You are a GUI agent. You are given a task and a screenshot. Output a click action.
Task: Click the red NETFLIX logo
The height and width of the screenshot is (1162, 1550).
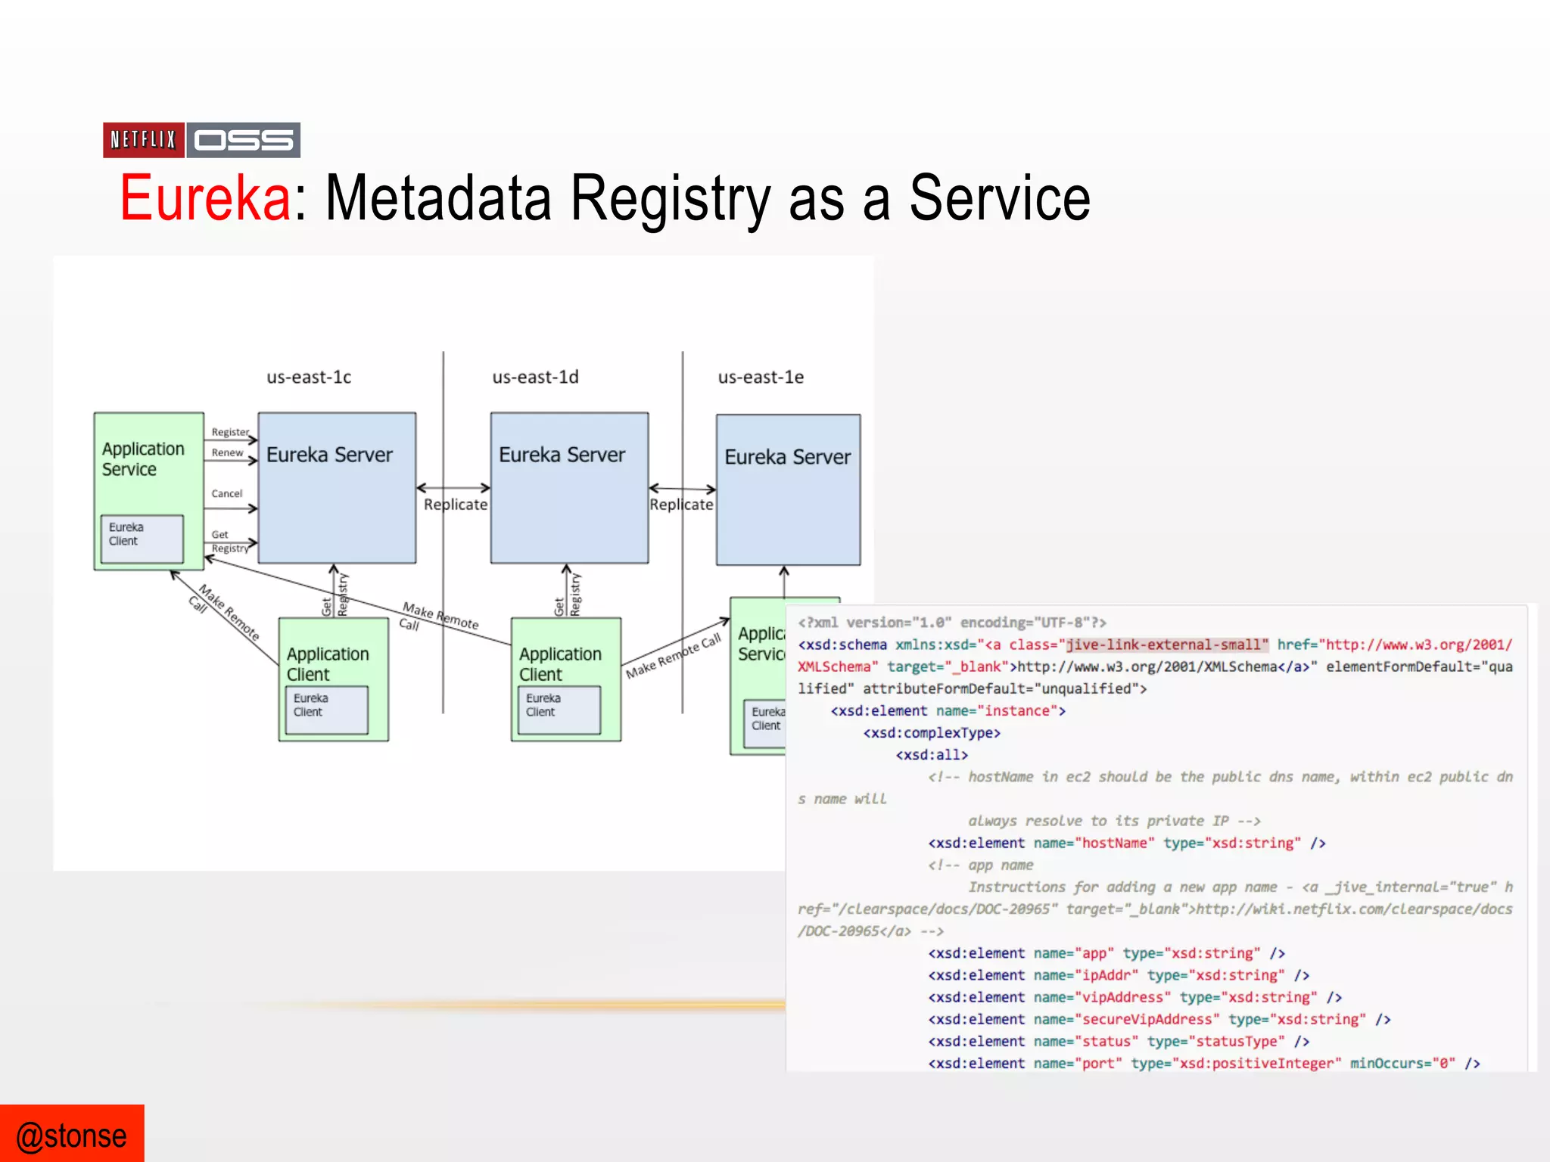click(x=143, y=140)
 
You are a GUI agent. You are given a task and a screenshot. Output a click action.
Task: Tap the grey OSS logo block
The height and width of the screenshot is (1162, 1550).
click(x=244, y=140)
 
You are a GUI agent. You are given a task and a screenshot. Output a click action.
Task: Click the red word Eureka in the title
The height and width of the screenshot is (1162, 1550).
click(x=205, y=198)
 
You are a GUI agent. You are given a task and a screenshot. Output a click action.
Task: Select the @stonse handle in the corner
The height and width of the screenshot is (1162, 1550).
click(x=72, y=1136)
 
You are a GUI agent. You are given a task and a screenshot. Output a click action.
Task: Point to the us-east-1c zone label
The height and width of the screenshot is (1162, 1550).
click(x=309, y=377)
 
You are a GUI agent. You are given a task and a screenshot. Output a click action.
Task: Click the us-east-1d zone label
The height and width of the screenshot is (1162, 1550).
click(x=535, y=377)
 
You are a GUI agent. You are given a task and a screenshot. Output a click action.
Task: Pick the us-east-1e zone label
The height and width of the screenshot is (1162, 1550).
click(x=761, y=377)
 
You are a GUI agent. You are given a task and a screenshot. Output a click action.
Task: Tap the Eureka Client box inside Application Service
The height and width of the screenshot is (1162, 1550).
click(x=142, y=539)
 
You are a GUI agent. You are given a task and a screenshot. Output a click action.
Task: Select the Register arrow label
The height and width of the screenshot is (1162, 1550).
click(x=230, y=432)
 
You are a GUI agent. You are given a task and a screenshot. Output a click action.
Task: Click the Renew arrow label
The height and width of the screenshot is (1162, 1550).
click(x=227, y=452)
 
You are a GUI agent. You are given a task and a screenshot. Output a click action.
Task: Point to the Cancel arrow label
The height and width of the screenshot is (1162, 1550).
click(x=226, y=493)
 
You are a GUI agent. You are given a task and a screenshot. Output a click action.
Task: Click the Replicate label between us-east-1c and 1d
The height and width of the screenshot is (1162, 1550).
click(x=456, y=505)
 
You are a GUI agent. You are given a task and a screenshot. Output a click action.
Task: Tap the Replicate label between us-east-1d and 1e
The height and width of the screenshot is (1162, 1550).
click(x=681, y=505)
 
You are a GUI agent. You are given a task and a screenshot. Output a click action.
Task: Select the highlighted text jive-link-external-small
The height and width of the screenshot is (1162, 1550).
click(x=1166, y=645)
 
